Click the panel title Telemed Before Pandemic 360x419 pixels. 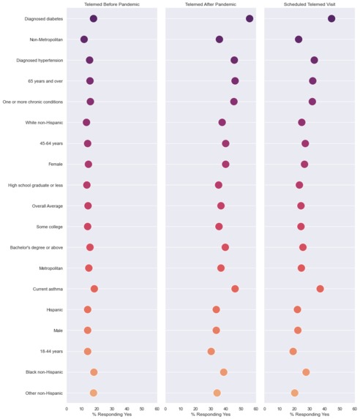click(x=112, y=4)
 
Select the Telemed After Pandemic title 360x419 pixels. click(x=211, y=4)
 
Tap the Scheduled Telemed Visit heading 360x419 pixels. click(x=310, y=4)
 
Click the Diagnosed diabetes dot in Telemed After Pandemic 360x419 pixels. click(x=250, y=18)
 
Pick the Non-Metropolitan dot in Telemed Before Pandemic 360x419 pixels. click(x=84, y=39)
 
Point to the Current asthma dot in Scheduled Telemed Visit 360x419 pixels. click(x=320, y=289)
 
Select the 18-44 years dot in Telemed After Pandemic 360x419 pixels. click(x=211, y=351)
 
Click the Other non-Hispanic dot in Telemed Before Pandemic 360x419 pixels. click(x=94, y=393)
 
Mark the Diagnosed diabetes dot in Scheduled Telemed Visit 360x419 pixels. click(x=331, y=18)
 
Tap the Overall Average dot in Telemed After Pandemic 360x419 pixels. click(x=221, y=206)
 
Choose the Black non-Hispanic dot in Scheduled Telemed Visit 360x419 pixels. click(x=306, y=372)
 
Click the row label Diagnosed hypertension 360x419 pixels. click(x=40, y=60)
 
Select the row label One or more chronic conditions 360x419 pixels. click(x=33, y=102)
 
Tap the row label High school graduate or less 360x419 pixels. click(x=36, y=185)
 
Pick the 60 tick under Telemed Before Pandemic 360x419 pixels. click(x=157, y=409)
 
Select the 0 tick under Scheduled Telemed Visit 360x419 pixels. click(x=265, y=409)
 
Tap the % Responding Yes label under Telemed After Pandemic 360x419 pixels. click(x=211, y=415)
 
